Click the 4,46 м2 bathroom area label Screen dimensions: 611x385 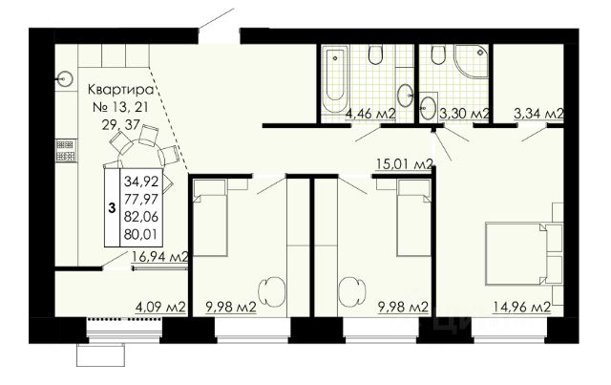pyautogui.click(x=370, y=114)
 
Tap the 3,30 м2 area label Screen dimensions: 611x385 pyautogui.click(x=464, y=114)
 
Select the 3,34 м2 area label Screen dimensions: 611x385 pyautogui.click(x=538, y=114)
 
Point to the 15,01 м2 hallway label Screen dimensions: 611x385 pyautogui.click(x=405, y=163)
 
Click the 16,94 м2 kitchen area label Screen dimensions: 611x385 pyautogui.click(x=160, y=257)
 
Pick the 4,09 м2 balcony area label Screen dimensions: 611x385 pyautogui.click(x=159, y=307)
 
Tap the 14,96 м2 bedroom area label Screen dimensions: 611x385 pyautogui.click(x=522, y=307)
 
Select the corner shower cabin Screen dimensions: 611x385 pyautogui.click(x=471, y=62)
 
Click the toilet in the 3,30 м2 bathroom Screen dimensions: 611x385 pyautogui.click(x=438, y=55)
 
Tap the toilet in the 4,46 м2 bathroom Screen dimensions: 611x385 pyautogui.click(x=375, y=55)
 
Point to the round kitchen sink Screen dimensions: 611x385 pyautogui.click(x=65, y=79)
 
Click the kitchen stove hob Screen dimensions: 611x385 pyautogui.click(x=66, y=151)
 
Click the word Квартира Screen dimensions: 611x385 pyautogui.click(x=121, y=90)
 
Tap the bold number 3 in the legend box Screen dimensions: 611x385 pyautogui.click(x=113, y=208)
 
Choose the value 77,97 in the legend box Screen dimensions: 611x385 pyautogui.click(x=141, y=199)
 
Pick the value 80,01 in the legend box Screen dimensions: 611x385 pyautogui.click(x=141, y=234)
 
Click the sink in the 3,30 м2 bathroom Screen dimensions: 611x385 pyautogui.click(x=428, y=105)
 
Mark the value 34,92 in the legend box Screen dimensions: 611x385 pyautogui.click(x=141, y=182)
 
